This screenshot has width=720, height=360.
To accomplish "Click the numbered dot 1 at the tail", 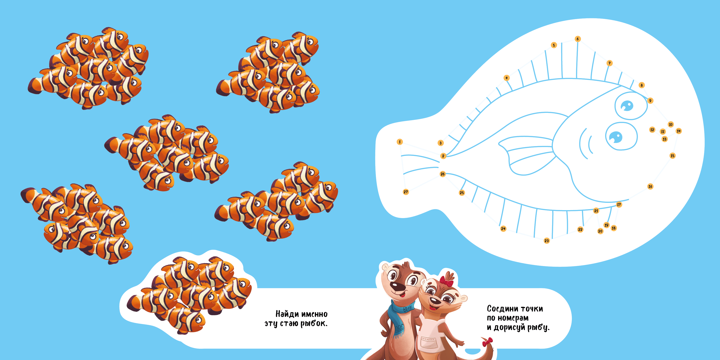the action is pos(400,142).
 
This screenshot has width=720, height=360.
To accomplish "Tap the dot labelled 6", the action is pos(577,39).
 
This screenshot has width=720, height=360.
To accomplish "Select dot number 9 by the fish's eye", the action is pos(650,101).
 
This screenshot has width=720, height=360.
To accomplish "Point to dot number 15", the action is pos(672,156).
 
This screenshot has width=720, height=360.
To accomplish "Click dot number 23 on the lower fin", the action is pos(546,241).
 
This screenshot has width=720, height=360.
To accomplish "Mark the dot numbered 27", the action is pos(406,192).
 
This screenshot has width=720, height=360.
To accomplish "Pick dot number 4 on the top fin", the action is pos(506,78).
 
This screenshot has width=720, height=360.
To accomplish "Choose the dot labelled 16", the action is pos(650,186).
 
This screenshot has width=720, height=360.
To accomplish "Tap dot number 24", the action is pos(503,229).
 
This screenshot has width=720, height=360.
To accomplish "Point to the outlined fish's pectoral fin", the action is pos(527,155).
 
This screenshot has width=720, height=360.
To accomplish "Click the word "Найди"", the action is pos(287,314).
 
